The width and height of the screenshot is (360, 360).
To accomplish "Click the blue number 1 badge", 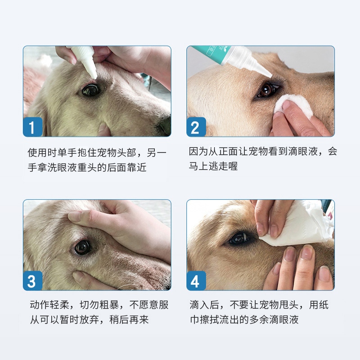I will [x=32, y=127].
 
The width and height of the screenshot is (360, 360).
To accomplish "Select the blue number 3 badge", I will [x=32, y=281].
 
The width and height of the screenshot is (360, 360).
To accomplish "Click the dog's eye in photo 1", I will [x=90, y=90].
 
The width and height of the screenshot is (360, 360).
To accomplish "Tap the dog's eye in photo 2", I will [x=265, y=90].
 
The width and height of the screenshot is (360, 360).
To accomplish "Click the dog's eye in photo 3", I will [x=83, y=247].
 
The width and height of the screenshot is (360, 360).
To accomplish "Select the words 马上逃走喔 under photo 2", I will [x=213, y=166].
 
